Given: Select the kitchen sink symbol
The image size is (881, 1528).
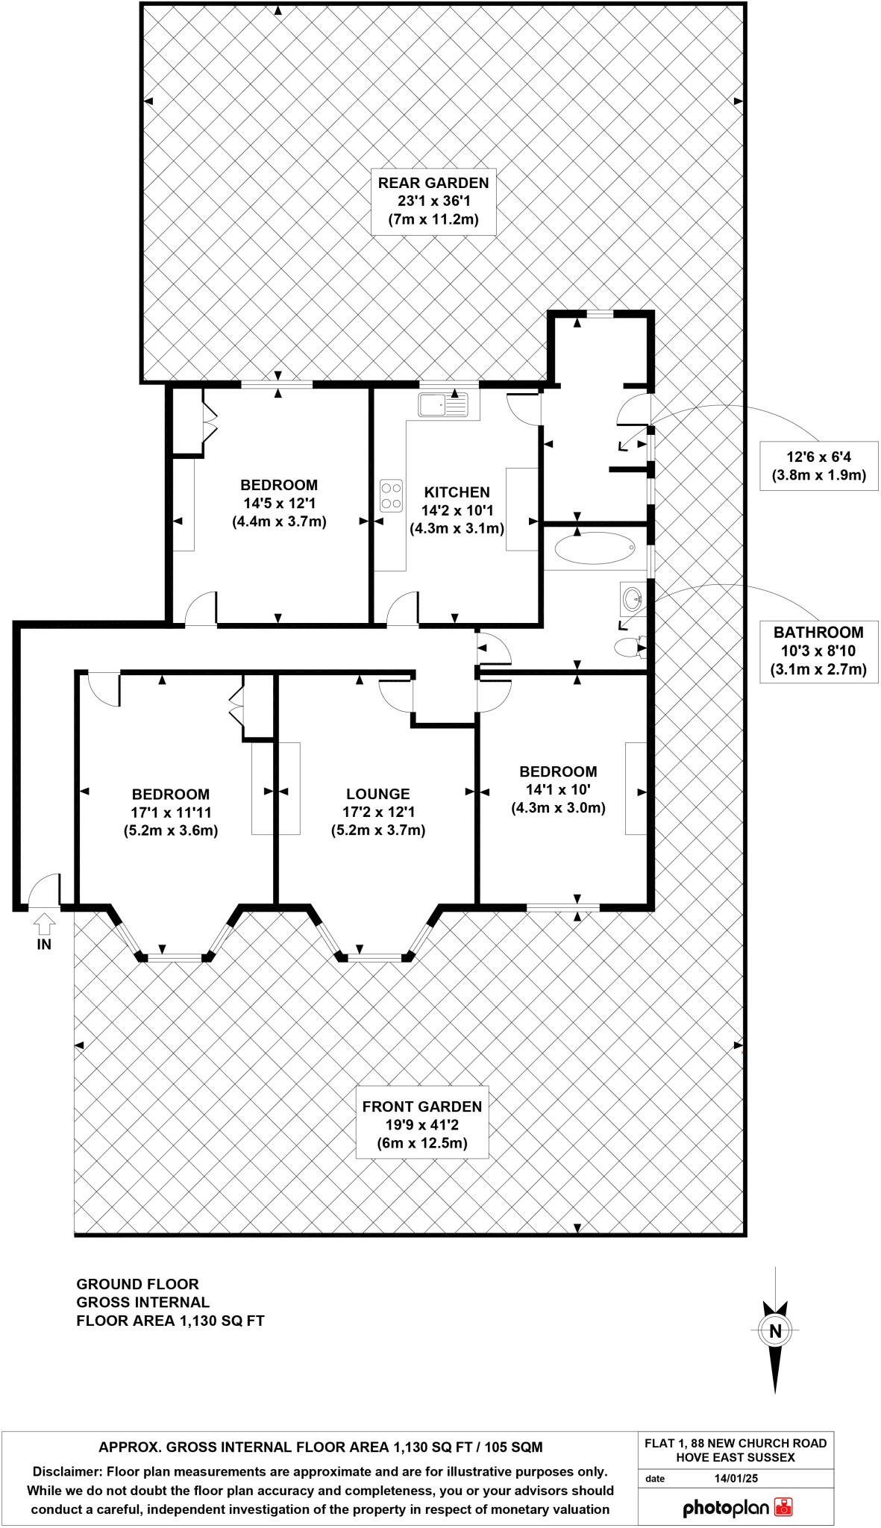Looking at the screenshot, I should point(443,404).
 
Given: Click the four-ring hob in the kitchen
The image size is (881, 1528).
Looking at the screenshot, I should point(390,495).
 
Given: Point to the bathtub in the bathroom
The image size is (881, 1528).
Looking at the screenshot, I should point(595,548).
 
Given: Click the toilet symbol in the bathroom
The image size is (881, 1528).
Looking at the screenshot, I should point(629,646).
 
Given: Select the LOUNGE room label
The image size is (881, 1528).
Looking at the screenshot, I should point(377,795).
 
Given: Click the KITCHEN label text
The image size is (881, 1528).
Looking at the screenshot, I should point(457,492).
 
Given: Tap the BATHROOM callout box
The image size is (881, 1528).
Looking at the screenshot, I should point(818,651).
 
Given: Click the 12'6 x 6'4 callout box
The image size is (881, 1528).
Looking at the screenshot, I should point(818,466).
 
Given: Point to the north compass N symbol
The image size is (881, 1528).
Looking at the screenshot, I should point(775,1351).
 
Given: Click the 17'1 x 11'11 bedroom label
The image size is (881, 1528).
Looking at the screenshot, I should point(170,812).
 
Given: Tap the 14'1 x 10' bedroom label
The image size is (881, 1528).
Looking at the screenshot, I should point(558,789).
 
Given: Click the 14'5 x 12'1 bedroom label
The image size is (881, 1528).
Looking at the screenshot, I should point(279,503).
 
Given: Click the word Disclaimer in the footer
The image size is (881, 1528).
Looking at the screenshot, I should point(66,1472).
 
